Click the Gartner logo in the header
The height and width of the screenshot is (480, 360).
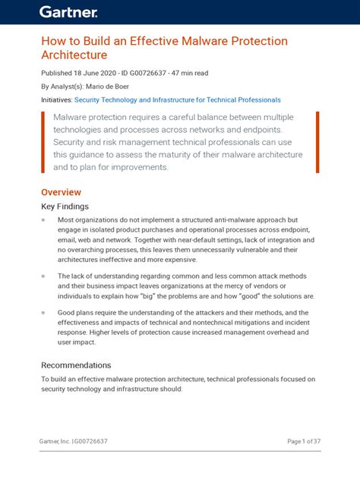pyautogui.click(x=68, y=11)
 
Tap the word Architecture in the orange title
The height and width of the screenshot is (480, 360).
pyautogui.click(x=74, y=55)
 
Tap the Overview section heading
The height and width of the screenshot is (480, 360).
pyautogui.click(x=61, y=192)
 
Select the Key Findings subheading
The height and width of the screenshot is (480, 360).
pyautogui.click(x=65, y=206)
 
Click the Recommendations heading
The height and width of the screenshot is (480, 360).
pyautogui.click(x=76, y=365)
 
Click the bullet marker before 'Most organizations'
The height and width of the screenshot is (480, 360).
pyautogui.click(x=43, y=220)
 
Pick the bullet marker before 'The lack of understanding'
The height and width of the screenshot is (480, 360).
pyautogui.click(x=43, y=276)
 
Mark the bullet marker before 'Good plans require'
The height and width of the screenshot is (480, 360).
pyautogui.click(x=43, y=311)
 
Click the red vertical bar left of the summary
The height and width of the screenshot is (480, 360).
pyautogui.click(x=43, y=141)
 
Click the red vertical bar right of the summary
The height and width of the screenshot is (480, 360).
pyautogui.click(x=317, y=141)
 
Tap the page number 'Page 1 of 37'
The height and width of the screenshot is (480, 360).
pyautogui.click(x=304, y=441)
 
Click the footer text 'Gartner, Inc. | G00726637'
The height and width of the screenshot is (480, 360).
pyautogui.click(x=73, y=441)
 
